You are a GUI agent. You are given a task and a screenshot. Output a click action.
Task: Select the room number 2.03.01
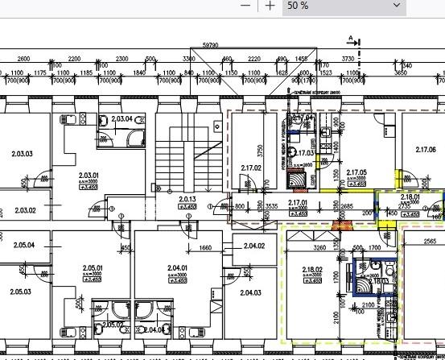[88, 175]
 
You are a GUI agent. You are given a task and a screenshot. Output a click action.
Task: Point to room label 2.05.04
[24, 244]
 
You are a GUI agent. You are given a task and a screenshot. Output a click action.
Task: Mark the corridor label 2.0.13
[187, 198]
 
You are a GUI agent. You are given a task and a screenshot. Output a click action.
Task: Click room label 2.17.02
[251, 168]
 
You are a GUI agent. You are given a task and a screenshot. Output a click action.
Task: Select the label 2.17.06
[425, 150]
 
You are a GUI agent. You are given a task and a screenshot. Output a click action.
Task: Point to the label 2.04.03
[250, 292]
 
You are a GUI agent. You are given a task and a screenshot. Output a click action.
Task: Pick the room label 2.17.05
[356, 172]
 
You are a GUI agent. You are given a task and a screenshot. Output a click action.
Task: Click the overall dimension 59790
[211, 46]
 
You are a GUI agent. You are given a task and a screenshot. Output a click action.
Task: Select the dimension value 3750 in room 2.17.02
[260, 150]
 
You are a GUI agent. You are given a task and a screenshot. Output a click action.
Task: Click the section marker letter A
[351, 37]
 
